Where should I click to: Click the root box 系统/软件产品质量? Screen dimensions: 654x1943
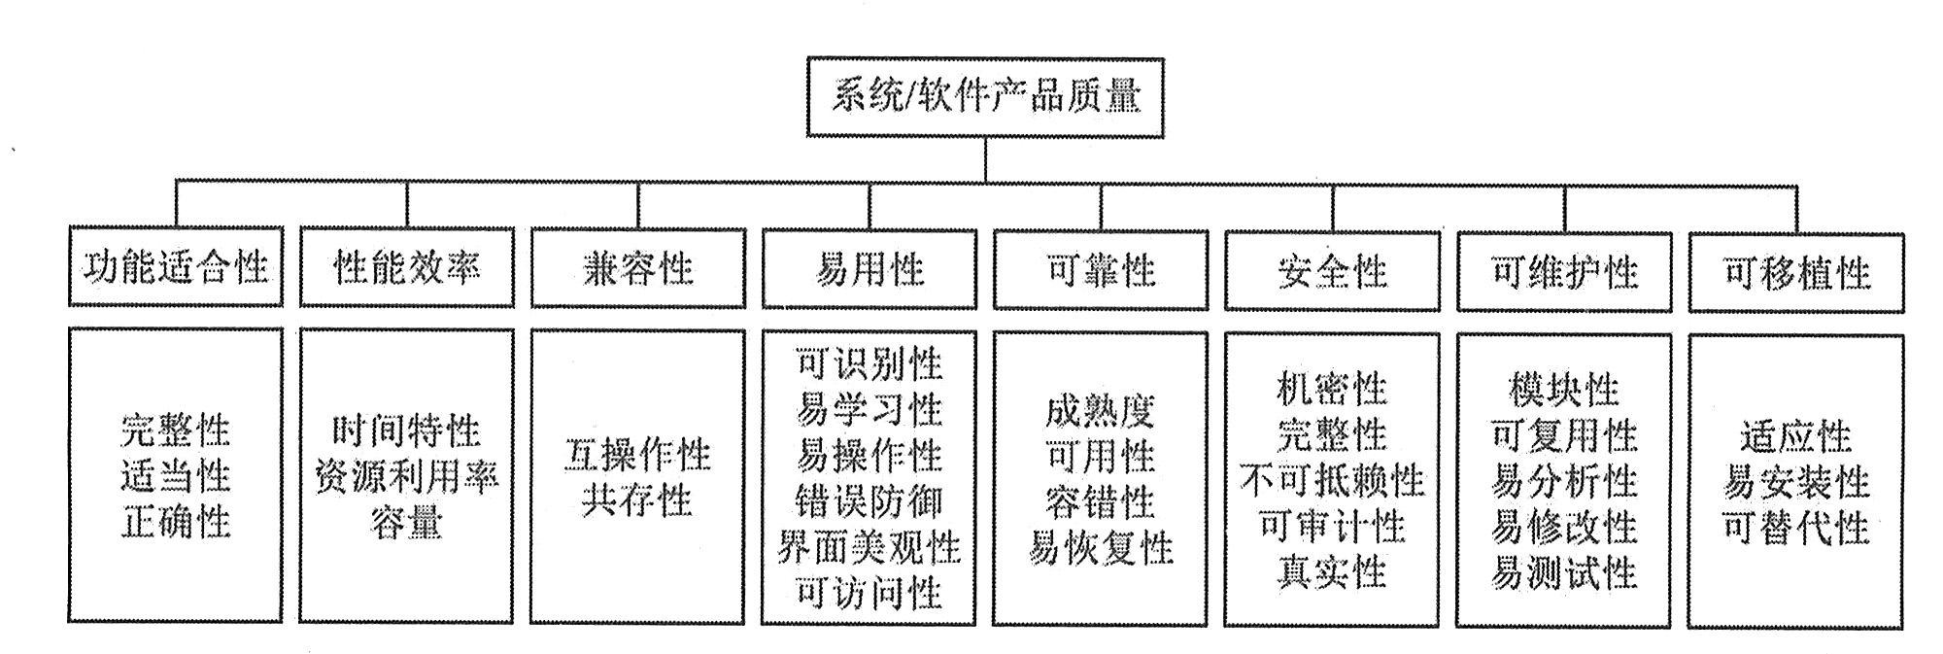tap(985, 97)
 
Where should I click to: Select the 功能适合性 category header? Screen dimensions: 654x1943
tap(176, 267)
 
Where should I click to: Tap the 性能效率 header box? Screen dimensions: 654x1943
tap(406, 267)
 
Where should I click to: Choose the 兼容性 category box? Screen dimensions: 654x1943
tap(637, 268)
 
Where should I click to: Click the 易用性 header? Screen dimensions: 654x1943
tap(869, 269)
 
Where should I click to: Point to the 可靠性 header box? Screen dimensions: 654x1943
tap(1100, 270)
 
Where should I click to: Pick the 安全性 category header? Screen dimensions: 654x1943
tap(1331, 271)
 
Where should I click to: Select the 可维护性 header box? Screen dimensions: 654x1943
tap(1563, 272)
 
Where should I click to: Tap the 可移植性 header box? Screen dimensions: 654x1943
tap(1795, 273)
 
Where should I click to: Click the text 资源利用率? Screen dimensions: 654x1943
tap(406, 477)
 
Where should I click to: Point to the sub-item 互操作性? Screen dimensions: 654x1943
tap(637, 455)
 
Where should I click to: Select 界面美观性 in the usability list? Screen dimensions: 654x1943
tap(869, 547)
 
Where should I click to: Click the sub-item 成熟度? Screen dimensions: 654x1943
tap(1100, 411)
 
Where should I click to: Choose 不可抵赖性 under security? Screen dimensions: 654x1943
tap(1331, 480)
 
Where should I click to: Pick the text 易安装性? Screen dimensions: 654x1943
tap(1795, 482)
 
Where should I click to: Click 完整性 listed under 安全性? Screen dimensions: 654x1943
tap(1331, 434)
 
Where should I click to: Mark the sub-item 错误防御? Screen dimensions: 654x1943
tap(869, 501)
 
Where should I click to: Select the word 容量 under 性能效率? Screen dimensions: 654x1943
tap(406, 523)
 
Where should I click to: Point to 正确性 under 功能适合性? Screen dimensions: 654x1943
tap(176, 522)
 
